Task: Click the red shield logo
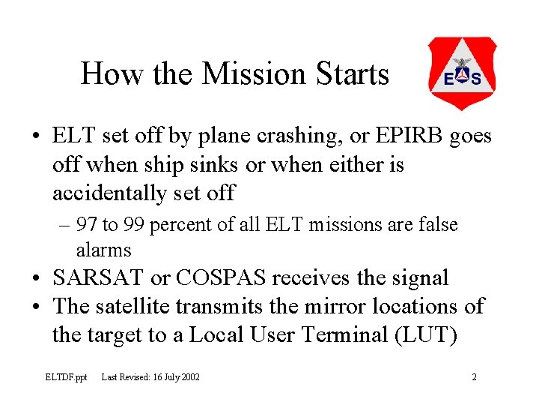pyautogui.click(x=461, y=73)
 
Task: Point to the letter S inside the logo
pyautogui.click(x=476, y=79)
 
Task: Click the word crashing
pyautogui.click(x=291, y=136)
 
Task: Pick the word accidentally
pyautogui.click(x=104, y=193)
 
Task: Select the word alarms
pyautogui.click(x=103, y=250)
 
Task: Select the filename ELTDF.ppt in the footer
pyautogui.click(x=67, y=377)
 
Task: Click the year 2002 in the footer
pyautogui.click(x=189, y=377)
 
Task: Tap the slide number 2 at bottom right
pyautogui.click(x=474, y=377)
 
